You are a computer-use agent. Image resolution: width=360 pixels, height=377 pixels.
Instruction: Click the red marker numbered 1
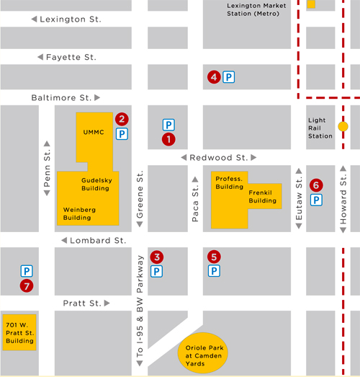168,138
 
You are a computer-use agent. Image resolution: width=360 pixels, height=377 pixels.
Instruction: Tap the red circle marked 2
122,119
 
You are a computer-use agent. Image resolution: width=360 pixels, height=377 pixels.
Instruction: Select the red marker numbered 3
156,257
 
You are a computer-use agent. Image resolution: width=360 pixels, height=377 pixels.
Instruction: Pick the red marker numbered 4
213,76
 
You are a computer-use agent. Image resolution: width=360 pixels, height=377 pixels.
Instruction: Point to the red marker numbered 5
213,256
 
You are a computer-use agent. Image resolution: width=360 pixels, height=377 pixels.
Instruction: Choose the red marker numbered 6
315,185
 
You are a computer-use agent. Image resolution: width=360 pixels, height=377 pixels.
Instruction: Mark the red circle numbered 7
27,286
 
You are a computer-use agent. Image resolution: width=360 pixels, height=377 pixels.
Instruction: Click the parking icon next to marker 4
228,76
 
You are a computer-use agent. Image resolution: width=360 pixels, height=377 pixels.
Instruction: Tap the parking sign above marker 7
27,271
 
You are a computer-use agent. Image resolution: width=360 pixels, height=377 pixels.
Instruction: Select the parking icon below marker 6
315,200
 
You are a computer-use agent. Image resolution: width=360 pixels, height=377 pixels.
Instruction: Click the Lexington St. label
71,19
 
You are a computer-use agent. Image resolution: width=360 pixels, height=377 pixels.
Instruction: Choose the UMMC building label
94,133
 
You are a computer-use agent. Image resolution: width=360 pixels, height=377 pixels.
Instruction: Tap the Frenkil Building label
262,197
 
